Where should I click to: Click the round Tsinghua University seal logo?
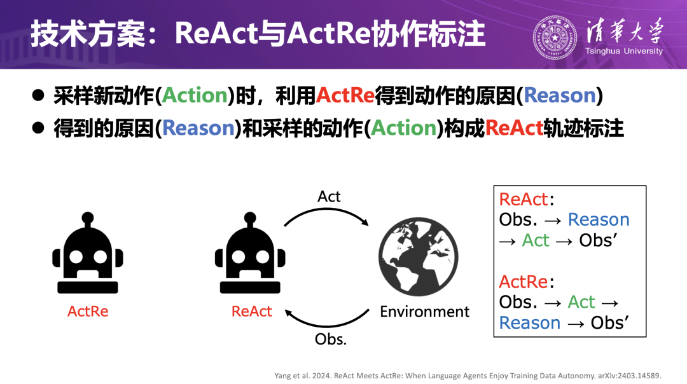(555, 38)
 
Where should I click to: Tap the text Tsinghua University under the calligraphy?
(624, 51)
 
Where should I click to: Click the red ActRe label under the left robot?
(88, 312)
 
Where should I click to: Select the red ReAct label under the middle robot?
(251, 312)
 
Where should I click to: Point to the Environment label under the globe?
(424, 312)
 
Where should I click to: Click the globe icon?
(419, 257)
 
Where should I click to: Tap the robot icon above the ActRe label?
(88, 252)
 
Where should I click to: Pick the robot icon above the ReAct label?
(250, 252)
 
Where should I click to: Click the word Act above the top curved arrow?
(329, 196)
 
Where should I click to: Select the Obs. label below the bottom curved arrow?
(330, 339)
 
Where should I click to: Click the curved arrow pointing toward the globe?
(326, 210)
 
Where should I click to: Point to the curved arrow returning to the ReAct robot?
(326, 326)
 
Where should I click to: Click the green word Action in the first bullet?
(195, 95)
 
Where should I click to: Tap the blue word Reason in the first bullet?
(560, 95)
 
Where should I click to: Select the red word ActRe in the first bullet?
(345, 95)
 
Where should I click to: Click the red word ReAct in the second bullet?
(514, 128)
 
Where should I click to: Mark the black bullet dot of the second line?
(38, 128)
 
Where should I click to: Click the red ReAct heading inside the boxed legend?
(523, 199)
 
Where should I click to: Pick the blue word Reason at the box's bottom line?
(530, 323)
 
